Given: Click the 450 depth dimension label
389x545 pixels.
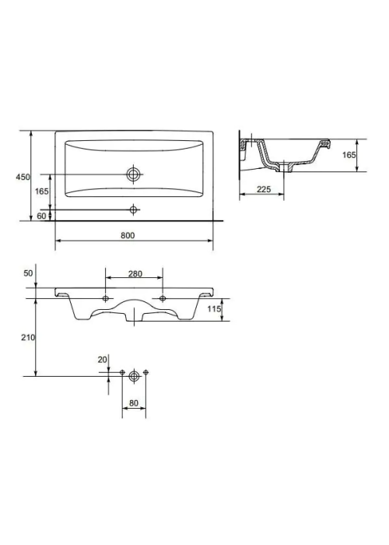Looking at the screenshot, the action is [x=23, y=177].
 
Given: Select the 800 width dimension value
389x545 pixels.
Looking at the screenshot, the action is [x=128, y=235].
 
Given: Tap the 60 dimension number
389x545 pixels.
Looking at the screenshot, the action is [x=41, y=216].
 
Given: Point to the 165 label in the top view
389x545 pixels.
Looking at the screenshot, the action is [x=42, y=192].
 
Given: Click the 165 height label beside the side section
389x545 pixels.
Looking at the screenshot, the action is [x=349, y=155].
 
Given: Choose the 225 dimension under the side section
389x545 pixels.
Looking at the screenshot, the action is [x=264, y=189].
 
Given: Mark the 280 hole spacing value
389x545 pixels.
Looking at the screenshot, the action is [x=135, y=274].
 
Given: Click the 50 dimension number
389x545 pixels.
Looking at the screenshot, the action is [x=28, y=273].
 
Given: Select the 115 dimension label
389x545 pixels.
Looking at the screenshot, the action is [x=214, y=308].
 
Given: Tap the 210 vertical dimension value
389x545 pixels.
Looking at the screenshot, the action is [x=28, y=337].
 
